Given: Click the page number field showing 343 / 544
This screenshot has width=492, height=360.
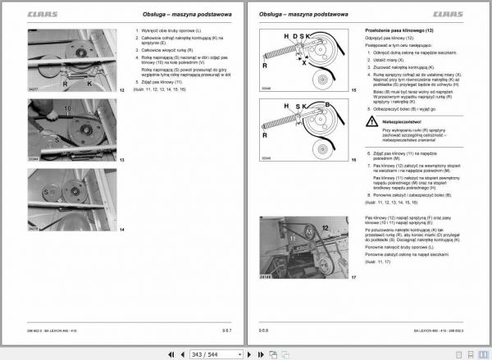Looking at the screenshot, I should point(216,353).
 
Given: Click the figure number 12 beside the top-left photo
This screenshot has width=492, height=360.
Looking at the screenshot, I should point(121,89).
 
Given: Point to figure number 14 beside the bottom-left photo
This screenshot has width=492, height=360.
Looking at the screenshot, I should point(121,230).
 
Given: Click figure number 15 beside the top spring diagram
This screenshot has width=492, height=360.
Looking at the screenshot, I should point(353,89).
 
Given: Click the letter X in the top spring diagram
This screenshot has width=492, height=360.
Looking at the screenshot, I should point(305,63).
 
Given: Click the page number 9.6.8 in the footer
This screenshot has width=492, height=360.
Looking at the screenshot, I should point(264,330).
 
